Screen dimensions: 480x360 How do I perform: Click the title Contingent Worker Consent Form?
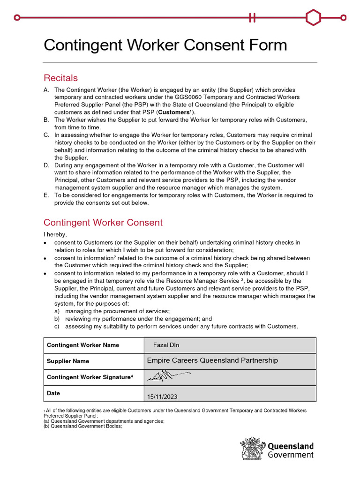[x=165, y=45]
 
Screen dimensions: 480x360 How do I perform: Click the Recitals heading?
[x=60, y=78]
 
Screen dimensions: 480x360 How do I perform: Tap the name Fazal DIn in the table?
[x=166, y=345]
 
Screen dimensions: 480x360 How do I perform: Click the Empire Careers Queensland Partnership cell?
[x=212, y=360]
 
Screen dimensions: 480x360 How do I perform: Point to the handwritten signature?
[x=169, y=375]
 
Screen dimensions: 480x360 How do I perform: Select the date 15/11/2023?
[x=162, y=397]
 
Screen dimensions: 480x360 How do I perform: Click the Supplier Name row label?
[x=68, y=361]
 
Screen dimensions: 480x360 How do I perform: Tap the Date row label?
[x=53, y=393]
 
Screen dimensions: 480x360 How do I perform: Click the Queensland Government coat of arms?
[x=252, y=449]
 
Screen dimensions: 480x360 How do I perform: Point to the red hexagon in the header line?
[x=313, y=18]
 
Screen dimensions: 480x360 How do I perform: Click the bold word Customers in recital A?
[x=175, y=112]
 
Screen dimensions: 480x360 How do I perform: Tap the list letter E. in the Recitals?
[x=46, y=195]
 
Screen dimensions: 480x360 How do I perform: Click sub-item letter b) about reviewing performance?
[x=57, y=319]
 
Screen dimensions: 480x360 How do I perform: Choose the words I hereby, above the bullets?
[x=55, y=234]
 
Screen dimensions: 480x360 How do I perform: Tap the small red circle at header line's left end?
[x=17, y=18]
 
